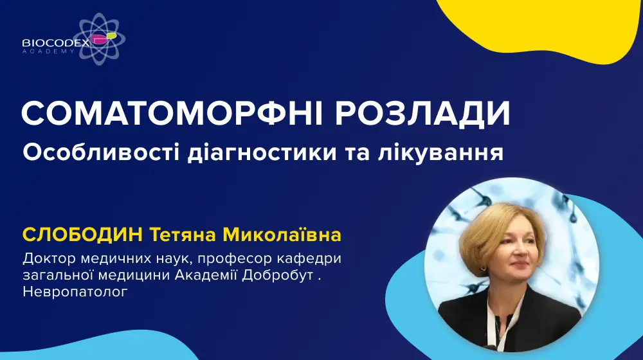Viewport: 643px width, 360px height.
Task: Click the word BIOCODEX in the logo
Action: (56, 42)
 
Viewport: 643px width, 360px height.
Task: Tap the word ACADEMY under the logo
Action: (48, 51)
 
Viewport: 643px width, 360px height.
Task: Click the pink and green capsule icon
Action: (104, 38)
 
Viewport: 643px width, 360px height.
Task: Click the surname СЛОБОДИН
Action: (83, 235)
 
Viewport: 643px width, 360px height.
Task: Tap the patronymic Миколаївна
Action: (282, 235)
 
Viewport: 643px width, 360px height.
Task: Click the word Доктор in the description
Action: (48, 258)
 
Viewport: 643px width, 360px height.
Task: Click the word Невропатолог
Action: (75, 292)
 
